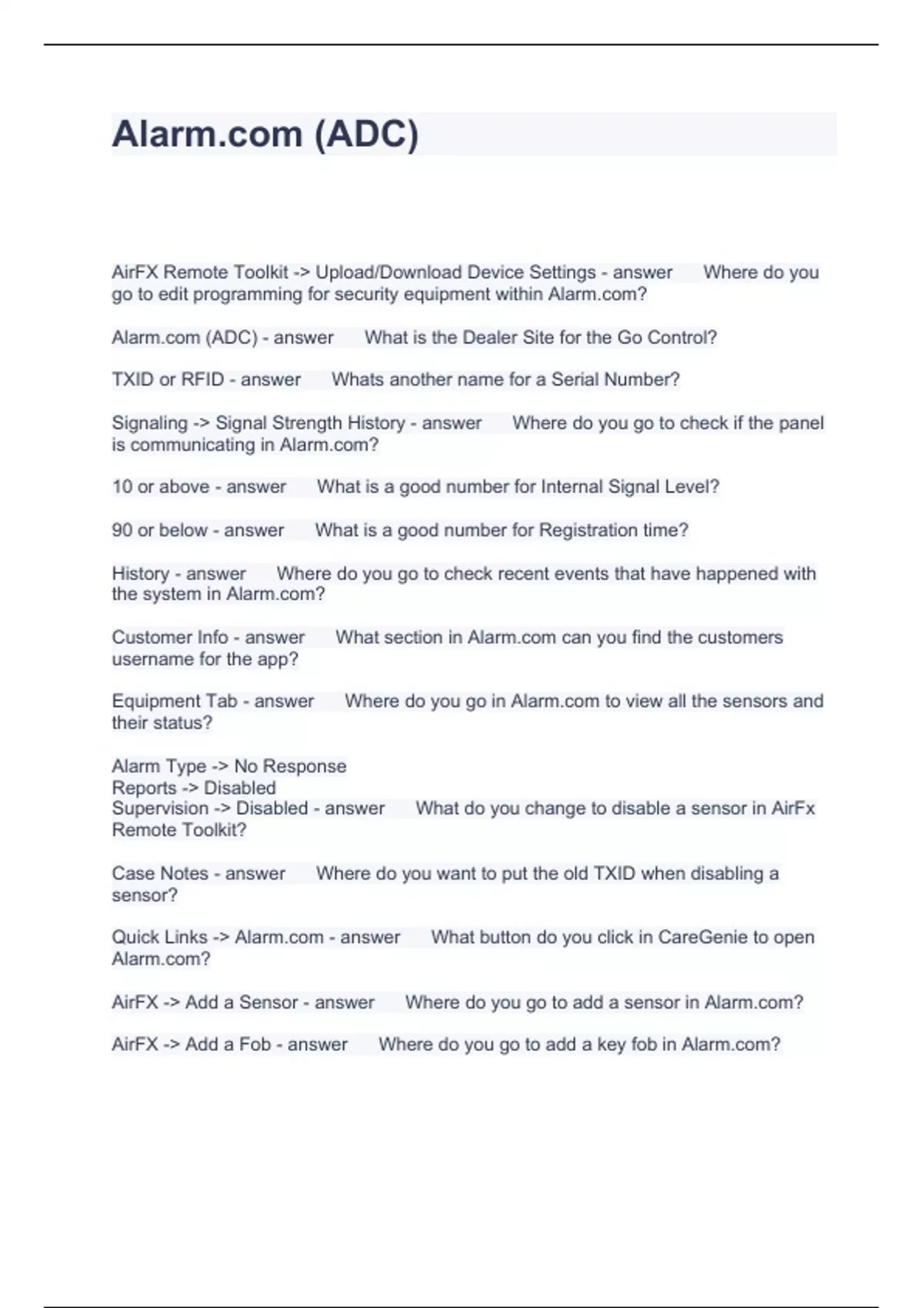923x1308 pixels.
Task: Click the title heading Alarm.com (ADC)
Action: click(x=265, y=135)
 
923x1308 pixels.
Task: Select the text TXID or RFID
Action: click(x=168, y=380)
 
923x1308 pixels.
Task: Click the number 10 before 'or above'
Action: click(x=122, y=487)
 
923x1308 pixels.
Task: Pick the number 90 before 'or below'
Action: click(x=122, y=530)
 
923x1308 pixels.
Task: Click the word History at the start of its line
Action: click(x=140, y=573)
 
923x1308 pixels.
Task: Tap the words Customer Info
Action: click(x=169, y=638)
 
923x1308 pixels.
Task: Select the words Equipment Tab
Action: click(x=175, y=701)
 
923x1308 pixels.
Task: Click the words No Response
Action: click(x=290, y=766)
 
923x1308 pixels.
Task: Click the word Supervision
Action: click(x=160, y=809)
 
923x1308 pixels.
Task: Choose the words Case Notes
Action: click(x=160, y=873)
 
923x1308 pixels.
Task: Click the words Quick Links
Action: click(x=159, y=937)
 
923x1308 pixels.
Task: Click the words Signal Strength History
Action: click(x=310, y=423)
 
